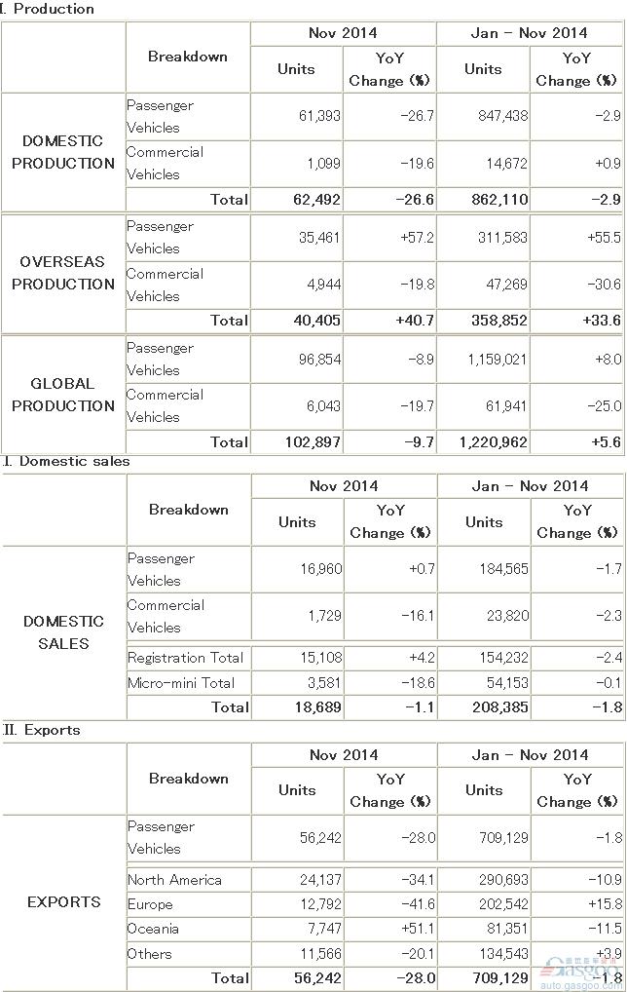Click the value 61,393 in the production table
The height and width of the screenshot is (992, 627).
click(319, 116)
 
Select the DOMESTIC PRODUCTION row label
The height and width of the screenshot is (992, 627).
click(63, 152)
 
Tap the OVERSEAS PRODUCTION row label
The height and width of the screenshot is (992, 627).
click(63, 273)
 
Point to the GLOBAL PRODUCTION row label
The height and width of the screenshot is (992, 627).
click(63, 394)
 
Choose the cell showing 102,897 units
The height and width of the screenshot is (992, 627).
click(313, 441)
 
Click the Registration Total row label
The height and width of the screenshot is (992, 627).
click(185, 658)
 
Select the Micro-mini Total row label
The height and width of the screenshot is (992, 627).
click(181, 683)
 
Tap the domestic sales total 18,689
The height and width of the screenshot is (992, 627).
click(318, 707)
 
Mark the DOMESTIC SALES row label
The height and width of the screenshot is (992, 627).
click(63, 632)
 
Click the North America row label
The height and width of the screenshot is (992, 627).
click(174, 880)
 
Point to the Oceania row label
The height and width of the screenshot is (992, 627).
click(153, 929)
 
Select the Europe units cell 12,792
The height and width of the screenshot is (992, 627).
click(320, 904)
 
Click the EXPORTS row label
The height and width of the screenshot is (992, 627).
click(64, 901)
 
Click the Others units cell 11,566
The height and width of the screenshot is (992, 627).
click(320, 953)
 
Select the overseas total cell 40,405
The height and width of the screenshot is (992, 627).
click(316, 321)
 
